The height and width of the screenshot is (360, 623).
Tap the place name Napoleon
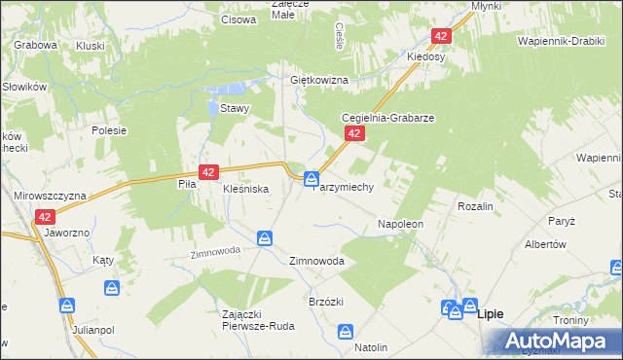400,224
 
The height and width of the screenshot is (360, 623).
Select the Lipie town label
491,313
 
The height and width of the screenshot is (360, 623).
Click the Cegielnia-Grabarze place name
386,118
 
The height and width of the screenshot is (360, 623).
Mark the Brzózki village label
328,302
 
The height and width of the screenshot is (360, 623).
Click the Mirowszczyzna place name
50,196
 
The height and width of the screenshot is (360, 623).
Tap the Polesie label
110,128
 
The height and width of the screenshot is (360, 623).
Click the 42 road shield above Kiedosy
443,36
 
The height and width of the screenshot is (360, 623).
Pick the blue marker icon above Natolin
346,332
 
